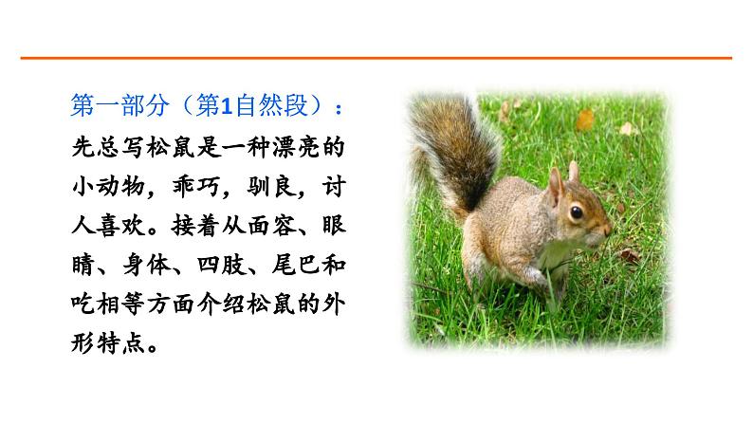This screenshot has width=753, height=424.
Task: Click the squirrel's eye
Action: coord(576,212)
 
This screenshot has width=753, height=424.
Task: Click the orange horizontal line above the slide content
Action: coord(376,59)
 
